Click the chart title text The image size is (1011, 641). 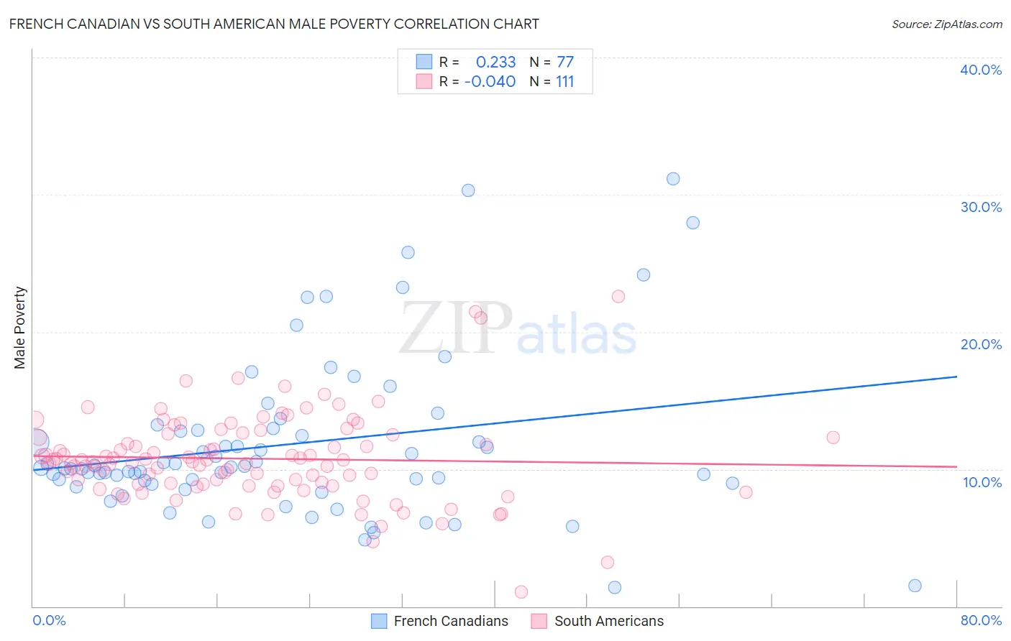coord(274,24)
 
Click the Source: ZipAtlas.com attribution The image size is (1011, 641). coord(946,24)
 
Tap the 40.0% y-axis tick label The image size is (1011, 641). coord(981,70)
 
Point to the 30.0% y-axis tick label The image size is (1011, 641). coord(981,207)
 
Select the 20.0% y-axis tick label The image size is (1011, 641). coord(981,344)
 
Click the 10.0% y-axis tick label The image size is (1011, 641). coord(982,482)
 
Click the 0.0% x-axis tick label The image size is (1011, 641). coord(49,620)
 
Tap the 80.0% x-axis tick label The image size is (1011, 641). coord(981,620)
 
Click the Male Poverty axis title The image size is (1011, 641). coord(20,328)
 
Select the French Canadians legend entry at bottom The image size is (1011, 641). coord(439,621)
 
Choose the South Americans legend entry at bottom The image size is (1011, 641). coord(598,621)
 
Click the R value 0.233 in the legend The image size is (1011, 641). coord(495,63)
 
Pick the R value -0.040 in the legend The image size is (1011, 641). coord(490,82)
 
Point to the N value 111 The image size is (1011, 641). coord(564,82)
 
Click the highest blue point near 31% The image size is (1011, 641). coord(673,179)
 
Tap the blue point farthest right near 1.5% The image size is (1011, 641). coord(915,586)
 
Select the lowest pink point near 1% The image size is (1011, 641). coord(521,592)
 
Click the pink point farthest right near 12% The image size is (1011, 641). coord(833,438)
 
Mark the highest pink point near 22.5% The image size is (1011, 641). coord(618,297)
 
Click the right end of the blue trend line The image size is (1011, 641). coord(956,377)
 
